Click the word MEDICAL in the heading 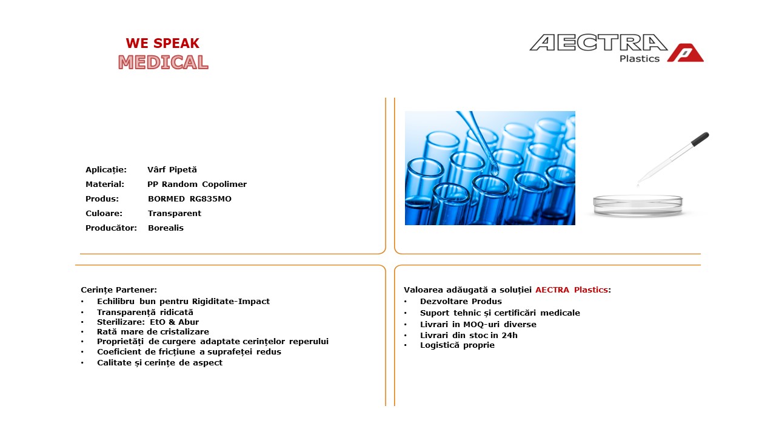coord(163,63)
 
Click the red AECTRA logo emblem coord(685,53)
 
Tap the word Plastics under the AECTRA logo coord(639,59)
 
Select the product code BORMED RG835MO coord(190,198)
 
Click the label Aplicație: coord(106,169)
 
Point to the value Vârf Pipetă coord(172,169)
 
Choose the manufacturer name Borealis coord(166,228)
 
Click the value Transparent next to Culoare coord(174,213)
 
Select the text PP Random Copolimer coord(197,184)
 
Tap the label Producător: coord(111,228)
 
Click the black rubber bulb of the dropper coord(700,139)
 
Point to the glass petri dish coord(638,206)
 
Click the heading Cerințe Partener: coord(119,290)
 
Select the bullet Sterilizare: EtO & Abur coord(148,322)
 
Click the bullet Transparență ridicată coord(145,312)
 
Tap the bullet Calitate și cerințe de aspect coord(159,363)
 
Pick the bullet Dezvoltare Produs coord(461,302)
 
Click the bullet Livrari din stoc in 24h coord(469,336)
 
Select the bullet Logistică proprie coord(457,345)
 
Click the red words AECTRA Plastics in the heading coord(572,290)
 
